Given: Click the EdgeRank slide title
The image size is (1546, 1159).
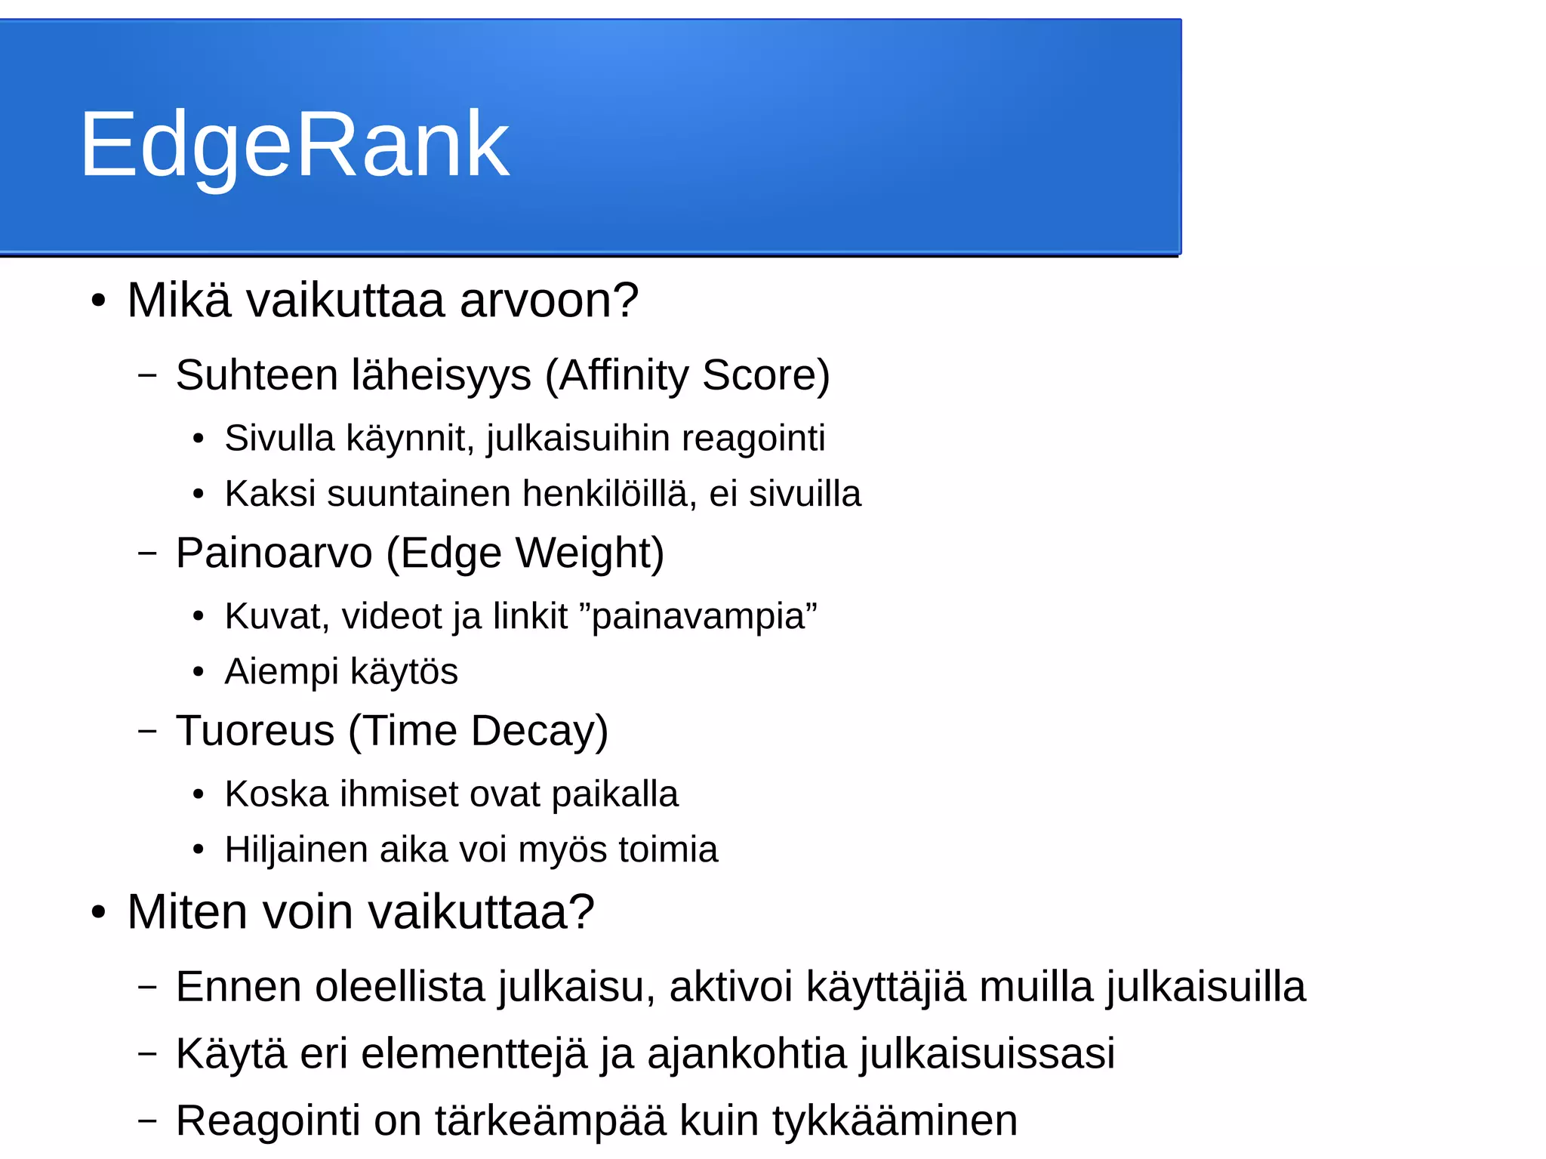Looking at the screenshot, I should click(x=294, y=143).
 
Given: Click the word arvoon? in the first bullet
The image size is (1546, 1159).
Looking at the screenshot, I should click(x=549, y=301).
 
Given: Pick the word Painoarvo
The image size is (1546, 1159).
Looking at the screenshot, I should click(x=274, y=553).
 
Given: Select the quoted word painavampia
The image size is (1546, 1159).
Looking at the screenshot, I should click(x=699, y=616).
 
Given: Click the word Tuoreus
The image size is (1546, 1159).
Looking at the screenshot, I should click(x=255, y=731).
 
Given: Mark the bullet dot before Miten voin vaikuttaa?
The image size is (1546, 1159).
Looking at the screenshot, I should click(x=98, y=912).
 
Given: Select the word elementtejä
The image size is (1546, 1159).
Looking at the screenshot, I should click(x=474, y=1054).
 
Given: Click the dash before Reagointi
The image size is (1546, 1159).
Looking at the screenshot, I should click(x=148, y=1120).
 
